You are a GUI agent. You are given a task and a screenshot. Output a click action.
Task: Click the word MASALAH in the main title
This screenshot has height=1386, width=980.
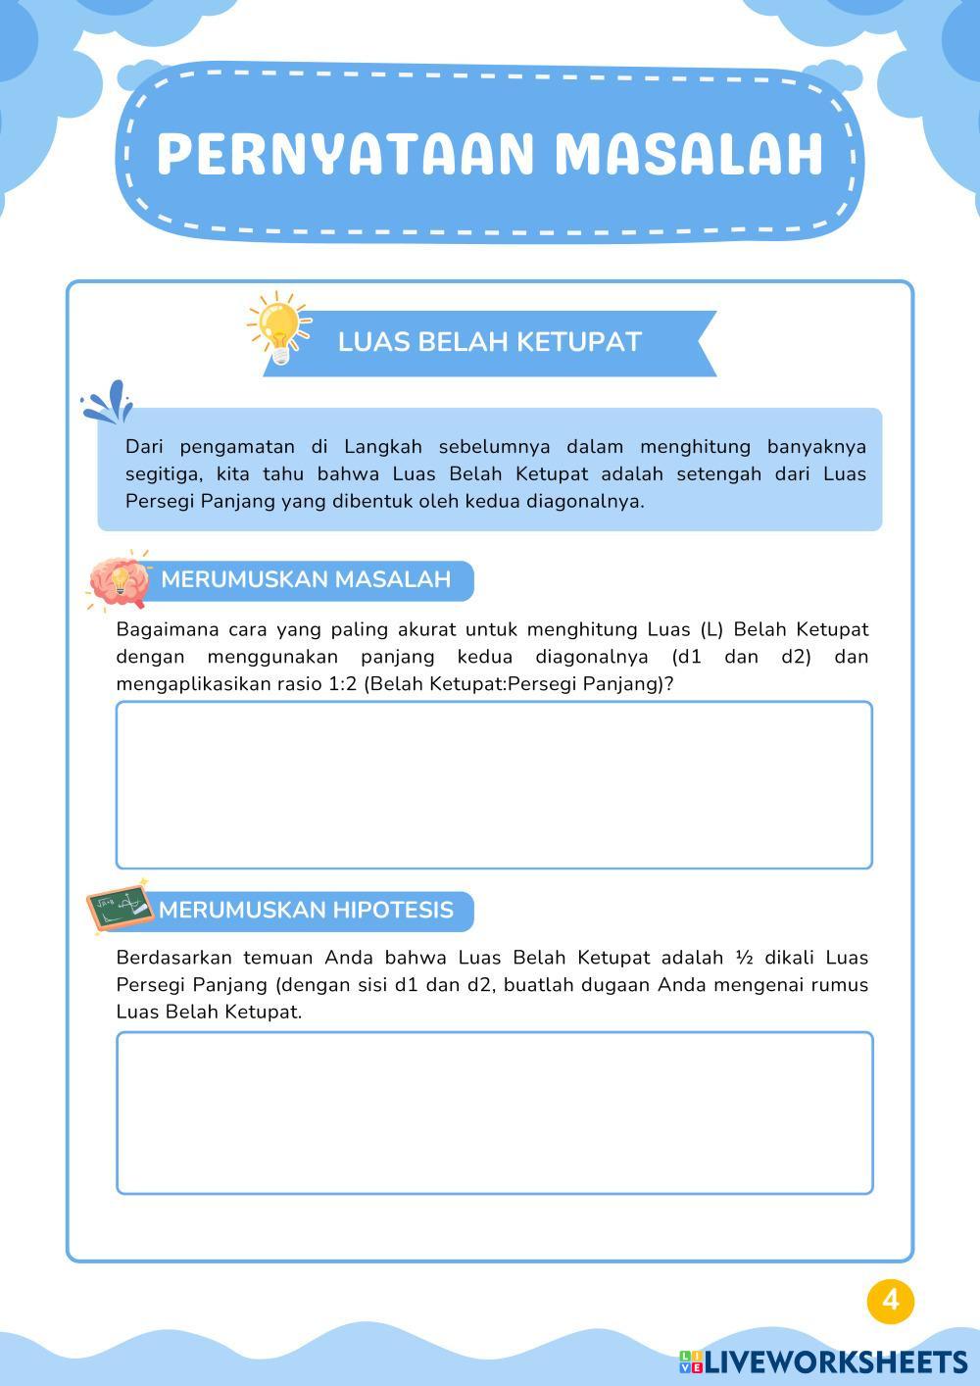[688, 154]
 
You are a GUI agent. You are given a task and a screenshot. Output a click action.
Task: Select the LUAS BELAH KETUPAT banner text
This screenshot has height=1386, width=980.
[489, 342]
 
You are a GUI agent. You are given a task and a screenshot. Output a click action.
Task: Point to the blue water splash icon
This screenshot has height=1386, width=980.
[108, 402]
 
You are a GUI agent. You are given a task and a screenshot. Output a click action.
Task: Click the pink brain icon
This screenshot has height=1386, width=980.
[119, 581]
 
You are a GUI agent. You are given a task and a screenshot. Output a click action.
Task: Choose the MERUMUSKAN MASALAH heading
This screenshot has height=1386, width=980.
[306, 579]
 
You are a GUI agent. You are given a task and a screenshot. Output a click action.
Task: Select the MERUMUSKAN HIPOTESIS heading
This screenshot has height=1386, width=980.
[306, 910]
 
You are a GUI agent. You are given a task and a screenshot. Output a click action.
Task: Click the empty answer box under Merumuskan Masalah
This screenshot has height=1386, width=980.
[494, 785]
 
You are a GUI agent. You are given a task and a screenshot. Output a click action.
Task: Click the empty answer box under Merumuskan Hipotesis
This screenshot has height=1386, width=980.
[494, 1113]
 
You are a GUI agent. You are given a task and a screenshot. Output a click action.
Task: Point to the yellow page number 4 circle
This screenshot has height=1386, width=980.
[890, 1300]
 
